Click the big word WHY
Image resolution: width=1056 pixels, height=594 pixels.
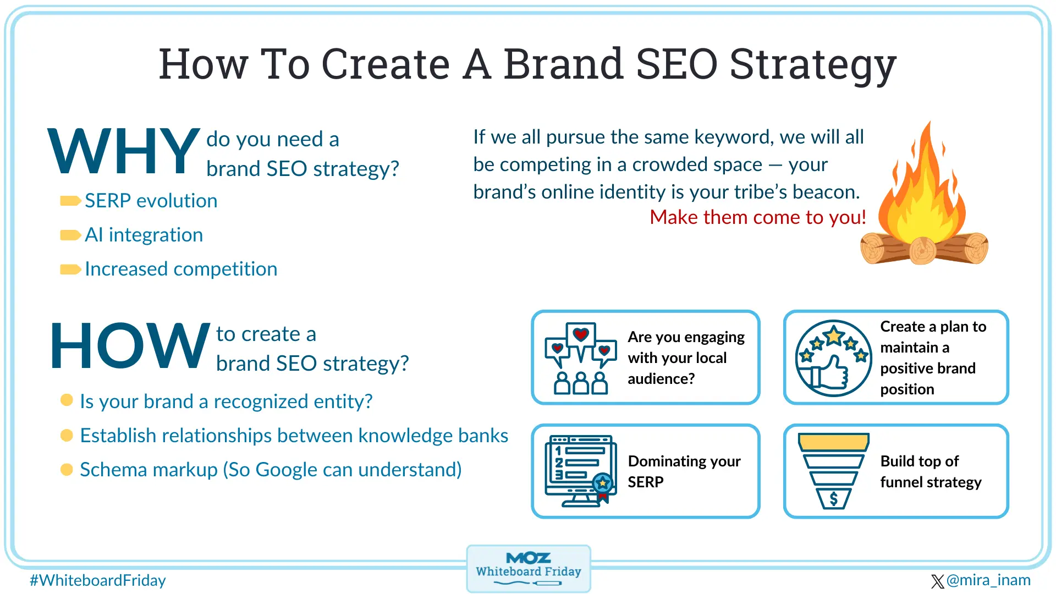(x=124, y=151)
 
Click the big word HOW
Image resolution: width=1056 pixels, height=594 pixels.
(x=130, y=346)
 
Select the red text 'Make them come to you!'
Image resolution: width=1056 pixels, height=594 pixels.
(x=757, y=217)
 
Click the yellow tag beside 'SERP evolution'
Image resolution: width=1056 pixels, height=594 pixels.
(x=70, y=201)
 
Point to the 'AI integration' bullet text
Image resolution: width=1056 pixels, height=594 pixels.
(x=144, y=235)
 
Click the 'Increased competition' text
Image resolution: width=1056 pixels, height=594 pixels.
(x=181, y=269)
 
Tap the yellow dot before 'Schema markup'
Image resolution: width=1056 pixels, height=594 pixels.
(x=67, y=470)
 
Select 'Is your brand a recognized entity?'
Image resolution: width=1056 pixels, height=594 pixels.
(x=226, y=402)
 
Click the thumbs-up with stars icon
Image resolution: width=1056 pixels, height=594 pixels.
(x=833, y=358)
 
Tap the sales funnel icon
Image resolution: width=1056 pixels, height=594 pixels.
(x=833, y=471)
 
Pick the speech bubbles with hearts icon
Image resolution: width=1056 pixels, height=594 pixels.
(x=580, y=358)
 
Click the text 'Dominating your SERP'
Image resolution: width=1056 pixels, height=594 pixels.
(x=684, y=471)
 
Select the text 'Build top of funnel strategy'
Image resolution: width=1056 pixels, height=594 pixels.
(x=930, y=471)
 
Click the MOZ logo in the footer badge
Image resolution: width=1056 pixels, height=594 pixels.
(x=528, y=558)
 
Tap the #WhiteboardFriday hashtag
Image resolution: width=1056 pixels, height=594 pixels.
(x=98, y=580)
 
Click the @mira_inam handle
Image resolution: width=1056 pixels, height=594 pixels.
(x=988, y=580)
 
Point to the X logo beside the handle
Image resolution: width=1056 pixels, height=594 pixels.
(x=937, y=581)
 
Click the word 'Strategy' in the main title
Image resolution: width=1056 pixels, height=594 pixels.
(x=813, y=65)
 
